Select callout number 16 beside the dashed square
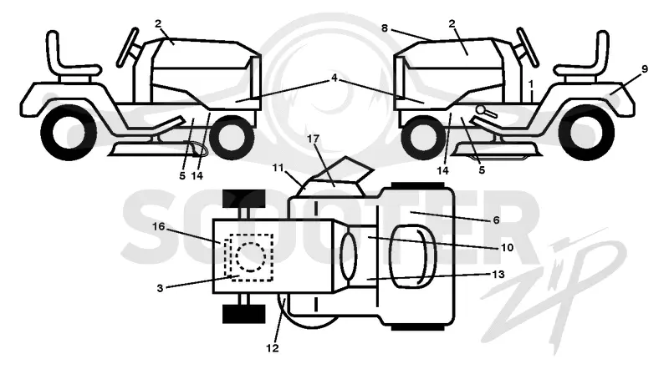point(158,227)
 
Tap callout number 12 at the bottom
point(273,348)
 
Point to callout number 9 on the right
point(644,68)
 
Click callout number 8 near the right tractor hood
point(385,28)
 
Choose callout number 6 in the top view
point(496,220)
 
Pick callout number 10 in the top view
point(508,247)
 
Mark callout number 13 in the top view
point(498,274)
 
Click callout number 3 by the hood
point(160,289)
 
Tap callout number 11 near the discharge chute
point(278,168)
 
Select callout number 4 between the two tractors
point(334,78)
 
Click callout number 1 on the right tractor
point(531,84)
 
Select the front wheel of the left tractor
point(232,135)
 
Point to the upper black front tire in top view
point(244,199)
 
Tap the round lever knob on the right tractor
point(482,110)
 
